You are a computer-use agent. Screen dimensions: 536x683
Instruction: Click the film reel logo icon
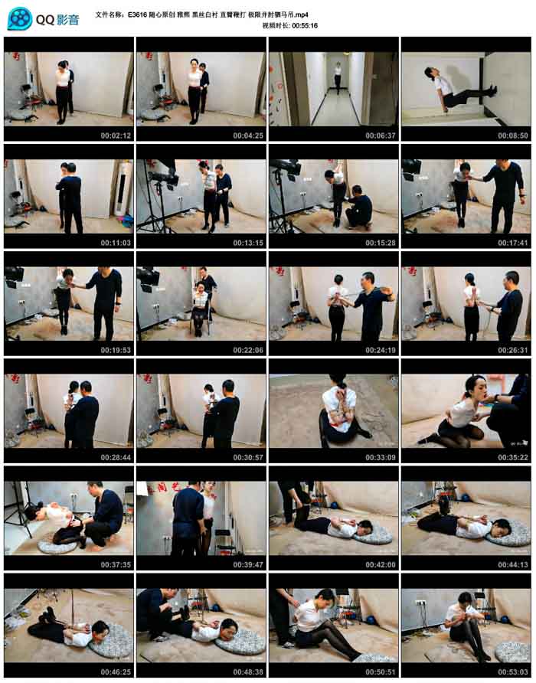point(20,18)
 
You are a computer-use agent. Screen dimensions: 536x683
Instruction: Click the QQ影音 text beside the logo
point(57,20)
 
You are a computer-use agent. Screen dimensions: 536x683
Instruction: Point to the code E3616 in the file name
point(137,15)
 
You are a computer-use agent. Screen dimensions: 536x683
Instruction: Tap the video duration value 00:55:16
point(305,26)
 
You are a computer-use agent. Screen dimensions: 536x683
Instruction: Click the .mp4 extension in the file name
point(301,15)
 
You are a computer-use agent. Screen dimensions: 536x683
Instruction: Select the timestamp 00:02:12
point(116,136)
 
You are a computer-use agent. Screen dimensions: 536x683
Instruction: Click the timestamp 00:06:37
point(381,136)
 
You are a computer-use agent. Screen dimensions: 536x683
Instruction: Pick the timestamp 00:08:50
point(513,136)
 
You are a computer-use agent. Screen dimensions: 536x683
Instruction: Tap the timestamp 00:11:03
point(116,243)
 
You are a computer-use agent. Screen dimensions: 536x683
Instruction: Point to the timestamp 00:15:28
point(381,243)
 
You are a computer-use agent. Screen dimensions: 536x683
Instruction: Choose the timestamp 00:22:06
point(248,350)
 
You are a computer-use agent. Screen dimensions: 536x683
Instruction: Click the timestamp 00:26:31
point(513,350)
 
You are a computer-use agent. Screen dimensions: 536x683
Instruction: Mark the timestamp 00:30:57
point(248,457)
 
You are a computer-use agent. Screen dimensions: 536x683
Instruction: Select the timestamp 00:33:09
point(381,457)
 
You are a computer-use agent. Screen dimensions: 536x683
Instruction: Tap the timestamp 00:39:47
point(248,564)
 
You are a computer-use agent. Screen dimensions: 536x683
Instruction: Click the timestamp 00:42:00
point(381,564)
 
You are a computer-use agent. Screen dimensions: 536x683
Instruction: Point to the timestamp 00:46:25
point(116,672)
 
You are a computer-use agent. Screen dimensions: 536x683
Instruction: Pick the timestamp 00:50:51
point(381,672)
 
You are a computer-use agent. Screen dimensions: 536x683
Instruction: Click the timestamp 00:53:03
point(513,672)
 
